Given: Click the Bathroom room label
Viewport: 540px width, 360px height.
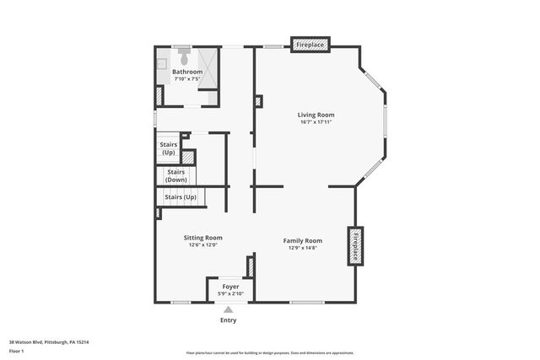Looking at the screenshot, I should (187, 73).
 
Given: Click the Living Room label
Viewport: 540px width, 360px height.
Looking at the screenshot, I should (316, 115).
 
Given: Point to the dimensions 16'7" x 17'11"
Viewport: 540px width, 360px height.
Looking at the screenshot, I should (316, 122).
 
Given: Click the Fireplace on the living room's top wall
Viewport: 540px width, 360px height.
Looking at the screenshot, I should (310, 44).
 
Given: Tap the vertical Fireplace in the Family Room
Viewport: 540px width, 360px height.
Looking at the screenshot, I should (356, 244).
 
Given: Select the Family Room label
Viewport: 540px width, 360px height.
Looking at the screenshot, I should (302, 240).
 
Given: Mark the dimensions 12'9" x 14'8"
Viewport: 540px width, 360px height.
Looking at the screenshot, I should (302, 248).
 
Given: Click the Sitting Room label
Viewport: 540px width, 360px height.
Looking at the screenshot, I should (202, 238).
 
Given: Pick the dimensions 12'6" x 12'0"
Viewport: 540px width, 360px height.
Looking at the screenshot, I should (202, 245).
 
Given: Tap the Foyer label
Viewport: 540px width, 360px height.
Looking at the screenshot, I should (230, 287).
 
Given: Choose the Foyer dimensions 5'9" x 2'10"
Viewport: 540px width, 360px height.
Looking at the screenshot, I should (230, 293).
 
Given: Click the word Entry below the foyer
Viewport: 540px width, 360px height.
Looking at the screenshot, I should (229, 320).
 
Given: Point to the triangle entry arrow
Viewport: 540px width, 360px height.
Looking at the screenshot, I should (229, 309).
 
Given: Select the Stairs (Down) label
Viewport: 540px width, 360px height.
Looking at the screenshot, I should (175, 175).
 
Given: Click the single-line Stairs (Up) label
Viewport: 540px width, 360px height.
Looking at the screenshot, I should (180, 197).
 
